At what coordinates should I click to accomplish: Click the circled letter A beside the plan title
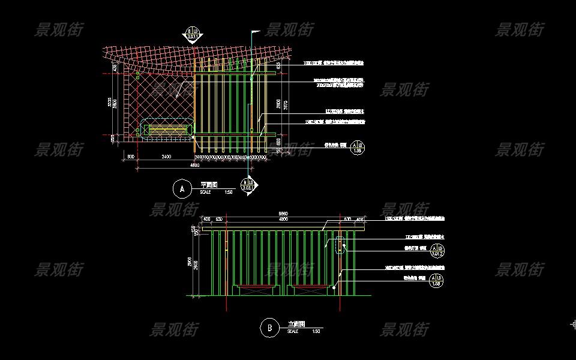(x=181, y=188)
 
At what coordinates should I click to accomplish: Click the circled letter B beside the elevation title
(x=269, y=328)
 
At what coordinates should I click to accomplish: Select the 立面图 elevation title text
(x=296, y=324)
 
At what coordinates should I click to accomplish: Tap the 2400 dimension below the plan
(x=166, y=157)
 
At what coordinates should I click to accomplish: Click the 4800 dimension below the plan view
(x=195, y=164)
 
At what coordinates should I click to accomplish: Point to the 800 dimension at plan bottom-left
(x=131, y=157)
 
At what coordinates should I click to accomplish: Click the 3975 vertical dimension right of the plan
(x=286, y=106)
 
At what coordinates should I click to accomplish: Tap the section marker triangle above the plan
(x=193, y=35)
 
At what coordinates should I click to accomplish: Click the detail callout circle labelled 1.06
(x=358, y=147)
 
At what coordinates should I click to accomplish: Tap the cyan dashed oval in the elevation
(x=340, y=245)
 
